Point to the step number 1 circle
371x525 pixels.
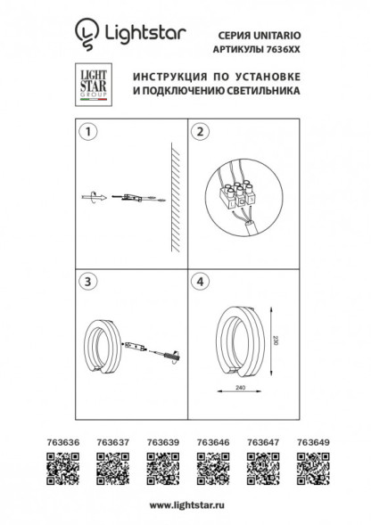point(87,134)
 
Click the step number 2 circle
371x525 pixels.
point(201,134)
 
